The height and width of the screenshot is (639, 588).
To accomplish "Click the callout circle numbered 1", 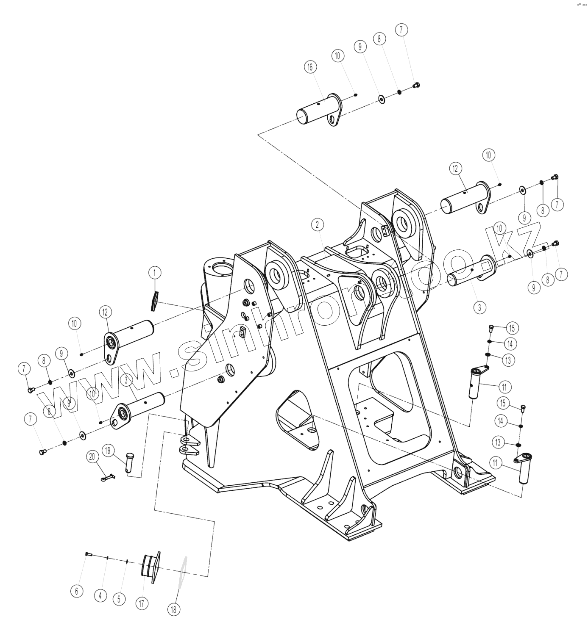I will click(x=155, y=272).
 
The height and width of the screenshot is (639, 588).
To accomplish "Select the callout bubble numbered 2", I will click(x=318, y=224).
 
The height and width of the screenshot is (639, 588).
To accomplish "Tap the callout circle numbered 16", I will click(x=310, y=67).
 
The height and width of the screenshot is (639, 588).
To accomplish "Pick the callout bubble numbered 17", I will click(x=143, y=603).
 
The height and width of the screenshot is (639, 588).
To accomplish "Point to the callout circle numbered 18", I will click(x=173, y=609).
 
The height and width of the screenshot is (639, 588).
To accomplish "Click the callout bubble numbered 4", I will click(x=100, y=595).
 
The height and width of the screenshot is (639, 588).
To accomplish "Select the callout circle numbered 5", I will click(x=119, y=599).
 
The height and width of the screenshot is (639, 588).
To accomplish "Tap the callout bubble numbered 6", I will click(x=76, y=591).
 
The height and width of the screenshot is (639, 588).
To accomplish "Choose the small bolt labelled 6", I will click(x=88, y=554).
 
